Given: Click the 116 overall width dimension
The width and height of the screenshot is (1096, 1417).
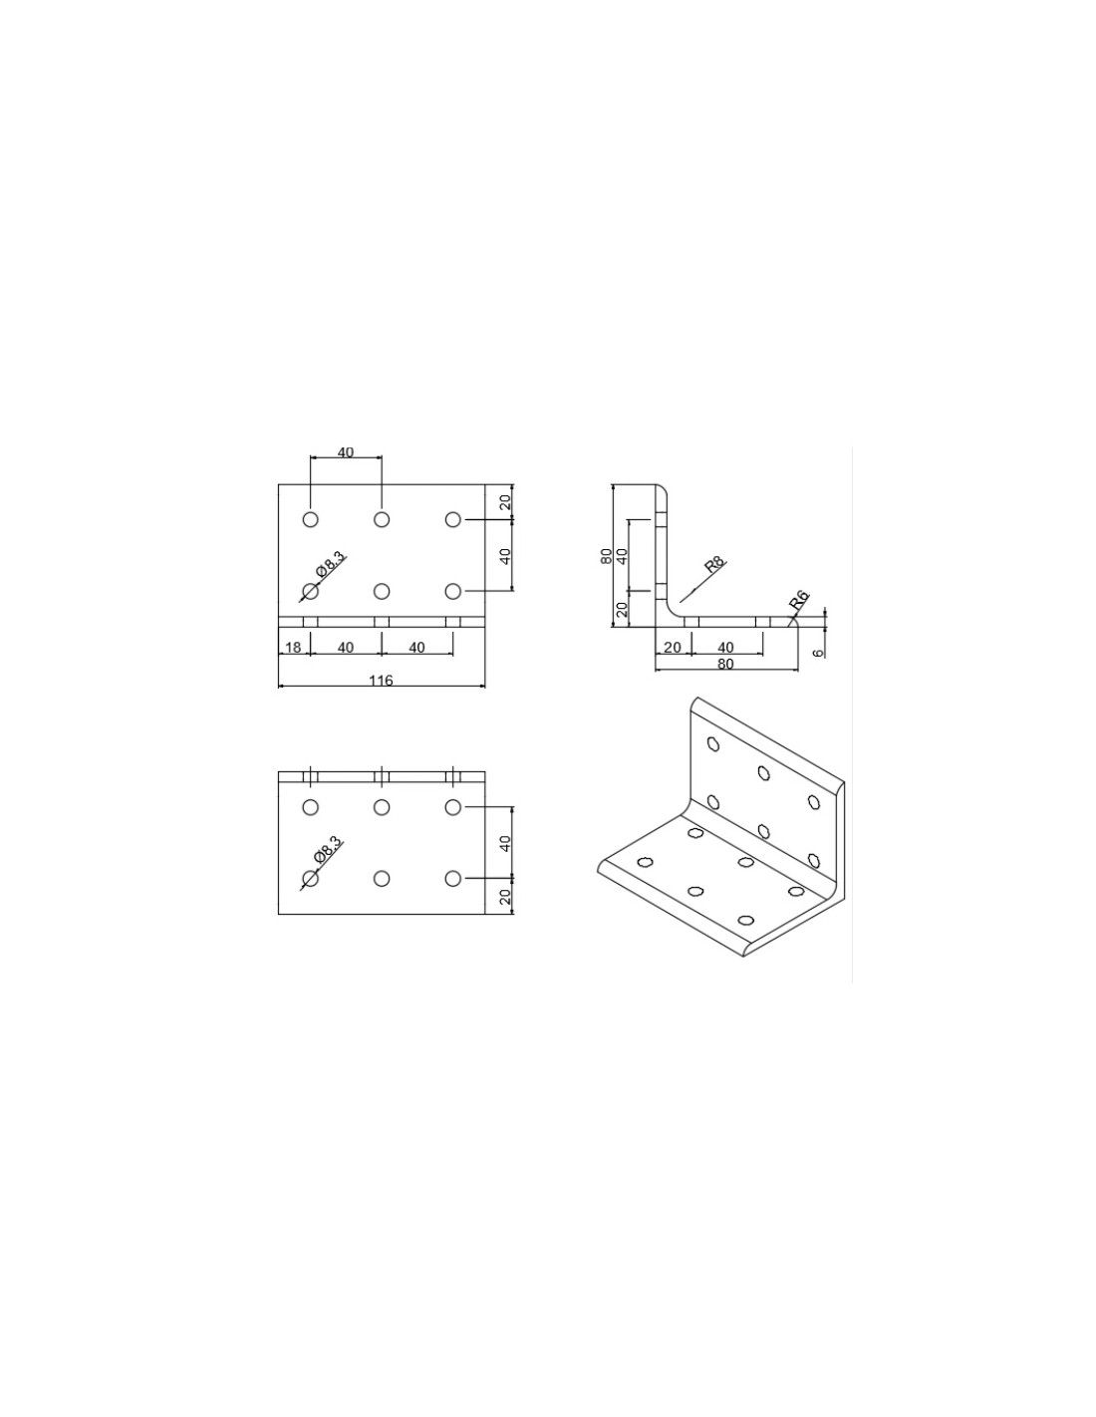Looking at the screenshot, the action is click(x=381, y=681).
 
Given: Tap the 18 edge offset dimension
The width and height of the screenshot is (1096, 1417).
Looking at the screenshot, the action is click(x=293, y=647).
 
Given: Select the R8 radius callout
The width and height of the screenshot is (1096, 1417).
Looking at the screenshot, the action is click(x=715, y=566).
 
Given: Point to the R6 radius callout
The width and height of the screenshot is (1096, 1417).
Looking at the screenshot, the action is click(x=799, y=599).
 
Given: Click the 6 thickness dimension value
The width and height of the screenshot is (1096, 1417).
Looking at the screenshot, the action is click(x=819, y=652).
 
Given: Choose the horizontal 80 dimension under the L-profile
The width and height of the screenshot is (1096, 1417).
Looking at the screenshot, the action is click(x=725, y=664).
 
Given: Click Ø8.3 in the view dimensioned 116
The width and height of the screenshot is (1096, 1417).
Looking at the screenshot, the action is click(x=330, y=563).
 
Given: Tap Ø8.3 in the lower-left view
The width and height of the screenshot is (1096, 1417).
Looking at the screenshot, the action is click(x=327, y=850).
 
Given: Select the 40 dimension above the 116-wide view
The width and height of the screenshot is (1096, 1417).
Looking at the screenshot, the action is click(x=346, y=451).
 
